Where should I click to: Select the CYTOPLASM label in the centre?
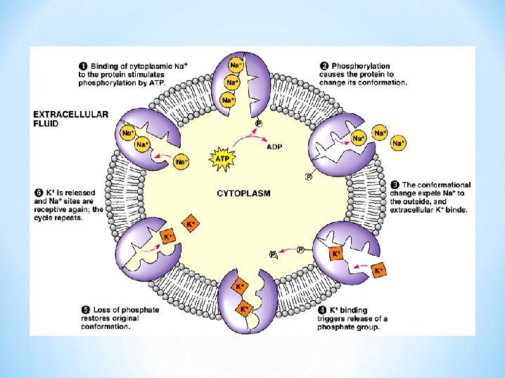click(243, 192)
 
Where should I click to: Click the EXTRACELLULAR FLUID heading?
click(70, 117)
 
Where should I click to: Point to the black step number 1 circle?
click(82, 67)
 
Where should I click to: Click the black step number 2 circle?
click(324, 67)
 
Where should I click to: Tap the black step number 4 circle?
click(321, 310)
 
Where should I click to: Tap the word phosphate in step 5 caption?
click(141, 310)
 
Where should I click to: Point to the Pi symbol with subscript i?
click(274, 254)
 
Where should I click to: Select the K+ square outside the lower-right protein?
click(380, 270)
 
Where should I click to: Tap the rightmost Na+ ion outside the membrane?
click(399, 143)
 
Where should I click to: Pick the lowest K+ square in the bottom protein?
click(245, 308)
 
